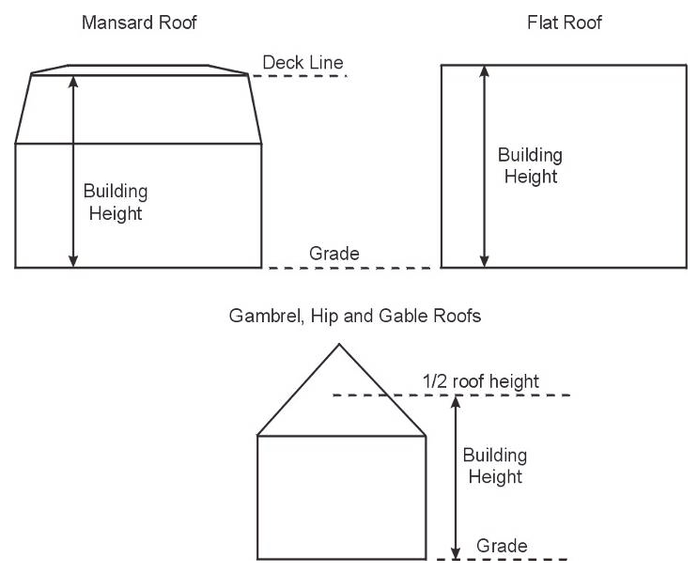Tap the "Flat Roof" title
tap(564, 23)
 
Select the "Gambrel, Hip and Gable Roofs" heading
tap(355, 317)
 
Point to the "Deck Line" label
tap(302, 63)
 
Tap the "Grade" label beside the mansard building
tap(334, 253)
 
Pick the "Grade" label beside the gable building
tap(502, 546)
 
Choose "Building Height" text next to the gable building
tap(495, 466)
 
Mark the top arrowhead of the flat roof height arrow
tap(484, 70)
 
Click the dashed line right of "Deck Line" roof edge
tap(301, 75)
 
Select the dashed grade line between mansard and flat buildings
tap(349, 268)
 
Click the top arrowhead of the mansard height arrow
tap(73, 81)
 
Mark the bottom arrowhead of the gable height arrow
tap(457, 553)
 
